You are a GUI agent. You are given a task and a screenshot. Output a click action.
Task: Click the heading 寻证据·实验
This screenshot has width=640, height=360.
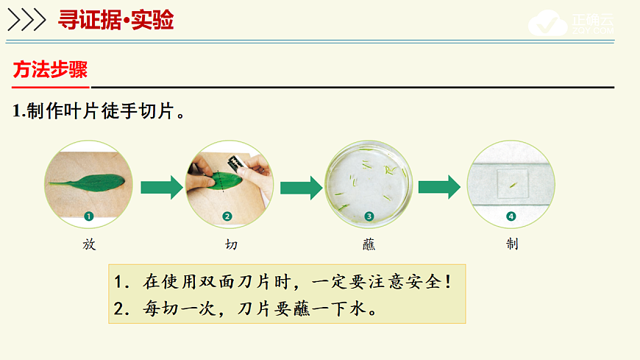pos(115,20)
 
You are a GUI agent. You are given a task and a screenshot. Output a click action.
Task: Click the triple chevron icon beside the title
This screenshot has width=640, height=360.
pos(26,21)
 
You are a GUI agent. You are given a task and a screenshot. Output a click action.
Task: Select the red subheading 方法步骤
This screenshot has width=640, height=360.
pos(50,70)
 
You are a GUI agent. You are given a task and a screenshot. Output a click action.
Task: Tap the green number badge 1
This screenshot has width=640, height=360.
pos(88,216)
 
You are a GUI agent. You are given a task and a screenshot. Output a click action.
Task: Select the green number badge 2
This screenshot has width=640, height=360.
pos(227,216)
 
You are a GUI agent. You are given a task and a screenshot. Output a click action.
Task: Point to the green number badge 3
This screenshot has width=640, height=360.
pos(369,216)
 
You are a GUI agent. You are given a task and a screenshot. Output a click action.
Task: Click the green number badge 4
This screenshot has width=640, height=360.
pos(511,216)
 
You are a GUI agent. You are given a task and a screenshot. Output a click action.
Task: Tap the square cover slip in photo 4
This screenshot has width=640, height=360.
pos(512,183)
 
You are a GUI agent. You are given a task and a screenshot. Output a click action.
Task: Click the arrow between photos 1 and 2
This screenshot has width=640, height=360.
pos(161,186)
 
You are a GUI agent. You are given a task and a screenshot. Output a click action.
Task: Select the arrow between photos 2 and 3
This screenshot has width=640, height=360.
pos(301,186)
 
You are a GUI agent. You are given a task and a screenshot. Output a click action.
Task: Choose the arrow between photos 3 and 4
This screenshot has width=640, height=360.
pos(439,186)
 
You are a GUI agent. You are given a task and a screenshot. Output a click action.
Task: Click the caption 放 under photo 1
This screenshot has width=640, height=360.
pos(89,244)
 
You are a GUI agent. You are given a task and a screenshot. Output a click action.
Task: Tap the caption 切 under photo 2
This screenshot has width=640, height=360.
pos(231,244)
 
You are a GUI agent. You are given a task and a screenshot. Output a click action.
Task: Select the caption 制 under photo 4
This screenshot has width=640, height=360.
pos(512,244)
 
